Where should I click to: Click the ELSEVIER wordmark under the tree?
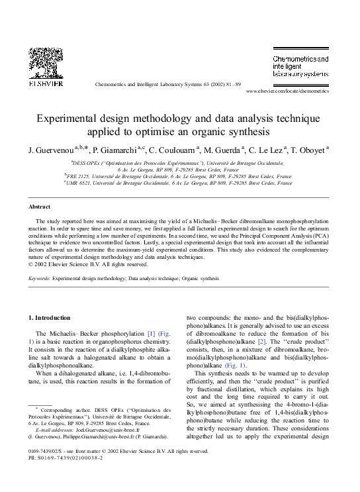[x=46, y=83]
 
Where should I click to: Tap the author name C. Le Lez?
[x=265, y=150]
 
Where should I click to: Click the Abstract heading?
[x=40, y=207]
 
